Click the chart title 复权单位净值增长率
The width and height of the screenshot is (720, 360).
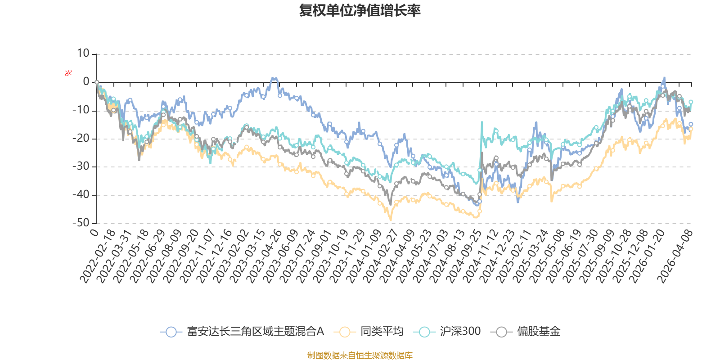point(360,10)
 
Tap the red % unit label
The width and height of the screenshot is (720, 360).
point(68,72)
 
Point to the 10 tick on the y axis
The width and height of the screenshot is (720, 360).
point(83,54)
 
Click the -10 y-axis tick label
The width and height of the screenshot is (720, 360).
point(81,110)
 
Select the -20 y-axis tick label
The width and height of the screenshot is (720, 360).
point(81,139)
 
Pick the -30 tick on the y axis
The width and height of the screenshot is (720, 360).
point(81,166)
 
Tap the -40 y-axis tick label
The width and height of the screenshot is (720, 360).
point(81,195)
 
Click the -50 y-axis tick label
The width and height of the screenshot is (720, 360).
point(81,223)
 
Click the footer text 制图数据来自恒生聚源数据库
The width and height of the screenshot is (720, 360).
point(360,355)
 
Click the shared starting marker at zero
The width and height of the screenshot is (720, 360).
point(97,82)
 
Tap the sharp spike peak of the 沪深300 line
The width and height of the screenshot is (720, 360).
point(482,121)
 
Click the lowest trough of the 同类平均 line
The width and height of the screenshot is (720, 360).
point(391,220)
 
